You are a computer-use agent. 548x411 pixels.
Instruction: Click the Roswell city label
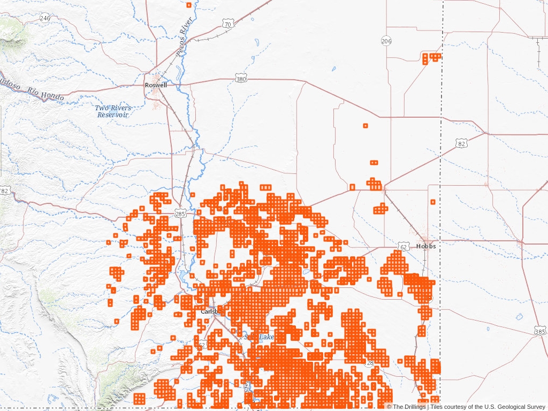click(x=156, y=85)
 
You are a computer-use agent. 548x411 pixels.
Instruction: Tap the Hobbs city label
click(x=425, y=246)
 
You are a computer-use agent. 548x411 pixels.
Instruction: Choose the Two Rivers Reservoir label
click(x=113, y=111)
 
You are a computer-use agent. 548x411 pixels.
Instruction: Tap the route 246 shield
click(x=45, y=18)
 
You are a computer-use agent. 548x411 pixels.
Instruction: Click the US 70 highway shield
click(x=228, y=25)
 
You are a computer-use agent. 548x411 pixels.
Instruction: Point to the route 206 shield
click(x=386, y=41)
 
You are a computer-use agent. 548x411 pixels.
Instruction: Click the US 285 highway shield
click(x=180, y=214)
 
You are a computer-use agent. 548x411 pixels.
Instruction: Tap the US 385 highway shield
click(x=541, y=332)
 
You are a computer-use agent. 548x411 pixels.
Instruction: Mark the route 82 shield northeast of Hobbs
click(x=462, y=143)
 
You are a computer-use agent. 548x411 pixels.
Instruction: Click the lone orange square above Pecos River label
click(x=188, y=5)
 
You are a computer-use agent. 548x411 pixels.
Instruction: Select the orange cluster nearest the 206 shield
click(x=430, y=57)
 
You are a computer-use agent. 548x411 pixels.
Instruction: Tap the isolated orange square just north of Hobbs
click(x=432, y=202)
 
